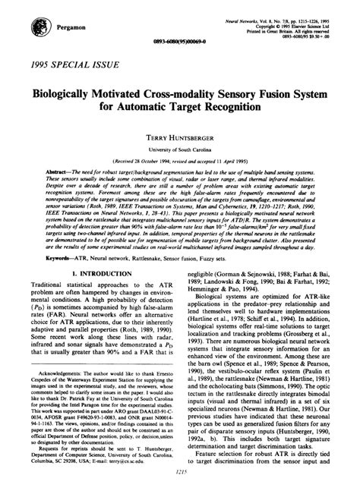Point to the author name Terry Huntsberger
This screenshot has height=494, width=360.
click(x=180, y=140)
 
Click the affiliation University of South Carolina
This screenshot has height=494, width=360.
click(x=180, y=152)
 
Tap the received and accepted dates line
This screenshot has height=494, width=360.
click(x=180, y=162)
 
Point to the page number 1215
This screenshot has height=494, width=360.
click(x=180, y=470)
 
